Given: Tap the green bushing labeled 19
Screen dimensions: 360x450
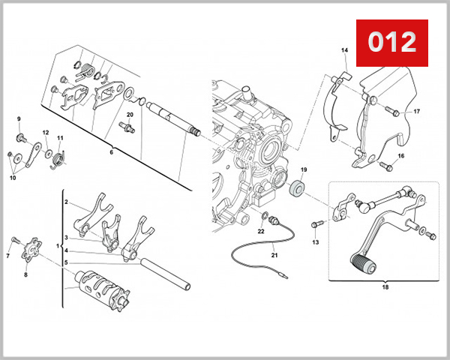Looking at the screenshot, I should click(x=300, y=187).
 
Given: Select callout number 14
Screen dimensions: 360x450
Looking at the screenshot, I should click(x=345, y=50).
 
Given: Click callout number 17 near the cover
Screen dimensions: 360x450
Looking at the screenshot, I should click(x=417, y=112).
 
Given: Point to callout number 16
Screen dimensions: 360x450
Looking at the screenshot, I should click(x=401, y=156).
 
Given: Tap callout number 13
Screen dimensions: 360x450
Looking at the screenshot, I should click(x=315, y=242).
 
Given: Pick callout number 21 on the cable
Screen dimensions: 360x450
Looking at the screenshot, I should click(x=274, y=255).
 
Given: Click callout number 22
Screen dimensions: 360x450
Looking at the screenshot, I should click(x=261, y=231).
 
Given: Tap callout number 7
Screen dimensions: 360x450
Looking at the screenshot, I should click(x=8, y=256).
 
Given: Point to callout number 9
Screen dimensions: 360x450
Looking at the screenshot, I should click(x=19, y=119).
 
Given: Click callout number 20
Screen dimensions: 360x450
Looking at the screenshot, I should click(x=130, y=115).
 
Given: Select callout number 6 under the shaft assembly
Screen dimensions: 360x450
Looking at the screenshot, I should click(x=111, y=151).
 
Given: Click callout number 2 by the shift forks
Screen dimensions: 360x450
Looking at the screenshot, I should click(x=66, y=202).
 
